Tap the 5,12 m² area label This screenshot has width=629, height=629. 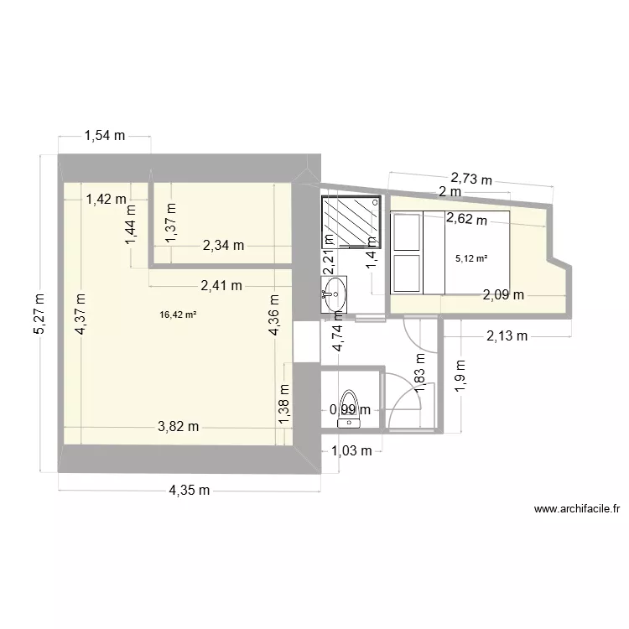pyautogui.click(x=470, y=258)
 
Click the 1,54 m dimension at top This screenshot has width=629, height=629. pyautogui.click(x=104, y=135)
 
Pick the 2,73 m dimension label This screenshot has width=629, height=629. pyautogui.click(x=471, y=177)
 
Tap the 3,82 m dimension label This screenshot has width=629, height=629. pyautogui.click(x=179, y=426)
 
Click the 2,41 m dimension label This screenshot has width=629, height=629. pyautogui.click(x=221, y=285)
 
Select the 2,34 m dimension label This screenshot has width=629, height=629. pyautogui.click(x=223, y=246)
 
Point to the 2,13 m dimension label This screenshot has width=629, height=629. pyautogui.click(x=507, y=337)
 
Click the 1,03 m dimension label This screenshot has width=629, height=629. pyautogui.click(x=351, y=451)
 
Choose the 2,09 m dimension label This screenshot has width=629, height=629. pyautogui.click(x=504, y=294)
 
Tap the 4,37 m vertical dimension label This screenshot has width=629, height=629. pyautogui.click(x=81, y=314)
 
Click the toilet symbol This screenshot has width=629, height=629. pyautogui.click(x=346, y=409)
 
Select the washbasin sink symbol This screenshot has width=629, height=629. pyautogui.click(x=334, y=294)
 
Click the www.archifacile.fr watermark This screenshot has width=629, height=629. pyautogui.click(x=576, y=509)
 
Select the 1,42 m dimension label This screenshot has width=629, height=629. pyautogui.click(x=107, y=199)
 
